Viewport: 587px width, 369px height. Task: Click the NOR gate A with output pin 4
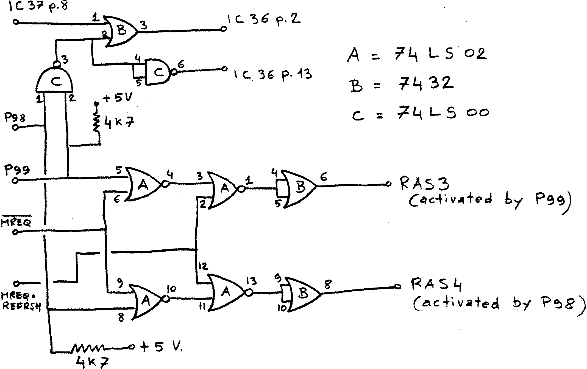point(143,185)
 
